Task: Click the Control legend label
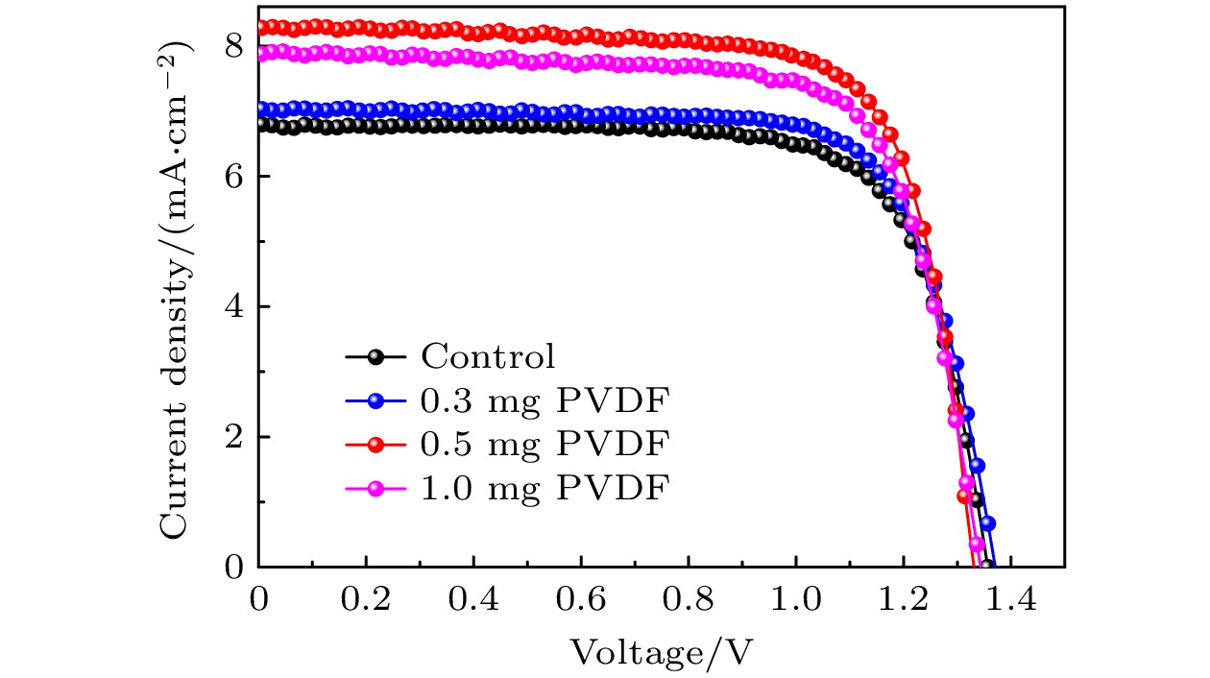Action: [488, 357]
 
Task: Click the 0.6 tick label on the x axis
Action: [580, 602]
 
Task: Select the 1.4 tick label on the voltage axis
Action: [1010, 602]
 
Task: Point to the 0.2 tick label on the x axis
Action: [365, 602]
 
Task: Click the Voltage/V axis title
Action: [661, 653]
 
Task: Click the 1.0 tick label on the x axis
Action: [795, 602]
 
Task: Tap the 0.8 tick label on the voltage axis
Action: [688, 602]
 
